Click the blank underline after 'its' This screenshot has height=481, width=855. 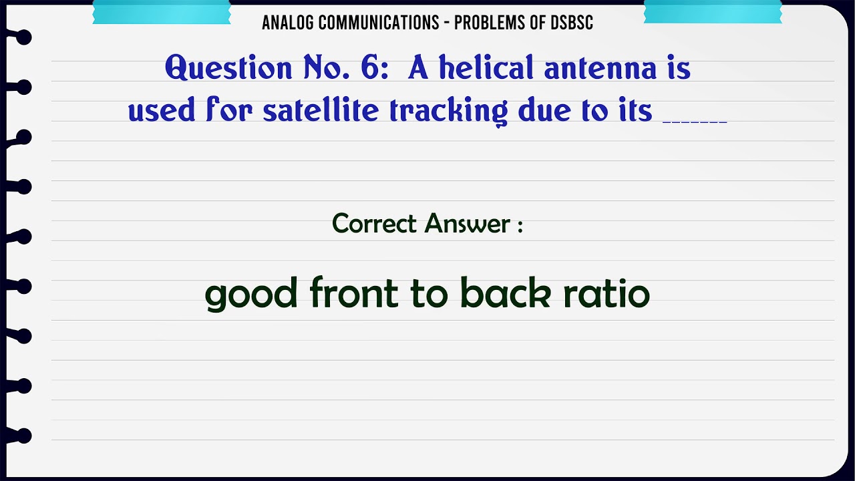[694, 120]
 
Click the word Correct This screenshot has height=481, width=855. [375, 223]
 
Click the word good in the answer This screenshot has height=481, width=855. [250, 295]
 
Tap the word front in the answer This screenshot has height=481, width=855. [354, 293]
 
